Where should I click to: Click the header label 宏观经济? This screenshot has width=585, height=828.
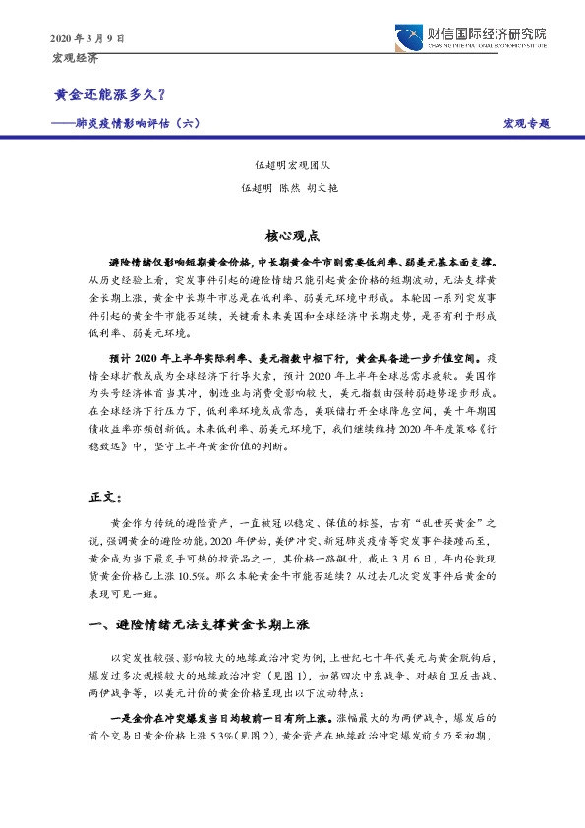75,58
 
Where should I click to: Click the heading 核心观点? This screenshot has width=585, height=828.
292,237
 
